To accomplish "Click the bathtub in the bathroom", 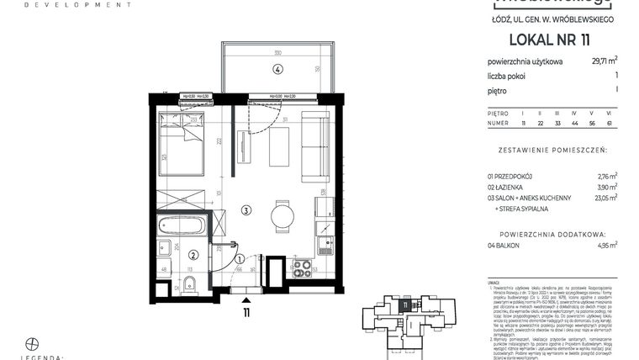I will (182, 226).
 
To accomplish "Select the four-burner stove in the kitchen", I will (301, 268).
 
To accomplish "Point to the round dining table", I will (283, 215).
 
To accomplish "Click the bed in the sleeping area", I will (181, 145).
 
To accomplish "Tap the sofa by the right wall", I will (317, 146).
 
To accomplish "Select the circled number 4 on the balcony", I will (277, 69).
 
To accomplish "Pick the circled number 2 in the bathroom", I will (193, 256).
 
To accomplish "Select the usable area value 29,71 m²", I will (605, 61).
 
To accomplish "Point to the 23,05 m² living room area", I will (605, 198).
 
